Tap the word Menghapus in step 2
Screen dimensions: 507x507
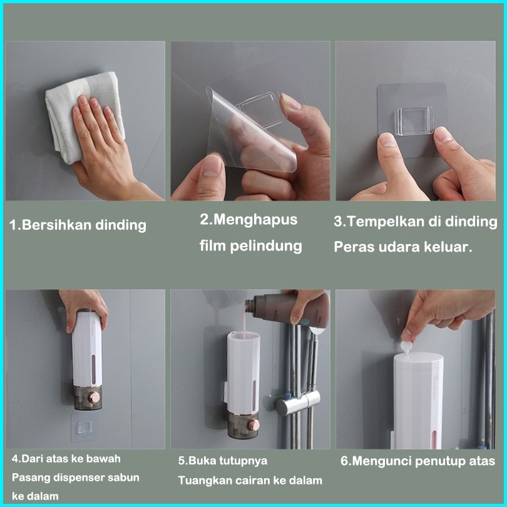[x=255, y=220]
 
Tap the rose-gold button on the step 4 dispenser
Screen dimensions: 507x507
[x=94, y=397]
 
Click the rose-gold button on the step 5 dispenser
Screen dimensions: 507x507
[x=253, y=425]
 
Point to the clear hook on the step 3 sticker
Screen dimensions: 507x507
[x=415, y=121]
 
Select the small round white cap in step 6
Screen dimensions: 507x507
[x=406, y=346]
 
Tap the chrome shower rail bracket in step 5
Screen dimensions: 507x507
[x=297, y=402]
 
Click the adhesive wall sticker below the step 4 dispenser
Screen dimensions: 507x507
[x=84, y=427]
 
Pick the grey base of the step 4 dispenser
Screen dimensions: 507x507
[x=88, y=398]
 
